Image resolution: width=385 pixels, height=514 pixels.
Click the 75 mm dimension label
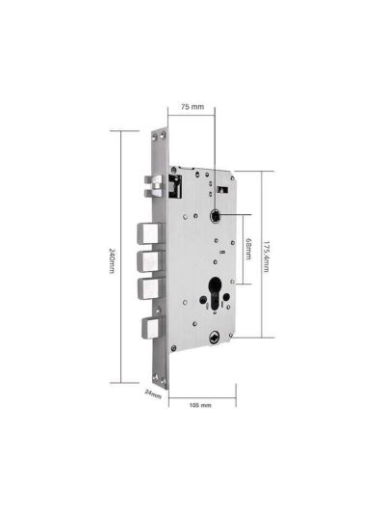[x=192, y=106]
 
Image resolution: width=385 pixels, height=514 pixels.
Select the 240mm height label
[x=112, y=260]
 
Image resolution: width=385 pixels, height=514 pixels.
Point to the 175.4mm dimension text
[x=267, y=257]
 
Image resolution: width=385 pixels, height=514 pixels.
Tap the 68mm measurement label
[x=248, y=249]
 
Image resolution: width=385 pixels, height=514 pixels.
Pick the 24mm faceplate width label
[x=153, y=393]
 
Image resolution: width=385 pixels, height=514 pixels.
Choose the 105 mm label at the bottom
[x=200, y=405]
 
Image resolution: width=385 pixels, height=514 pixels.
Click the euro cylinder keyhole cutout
[x=215, y=293]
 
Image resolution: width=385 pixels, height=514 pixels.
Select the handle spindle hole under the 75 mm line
[x=216, y=216]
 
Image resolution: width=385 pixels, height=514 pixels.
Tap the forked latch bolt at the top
[x=154, y=186]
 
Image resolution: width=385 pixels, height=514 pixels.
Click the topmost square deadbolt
[x=149, y=233]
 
